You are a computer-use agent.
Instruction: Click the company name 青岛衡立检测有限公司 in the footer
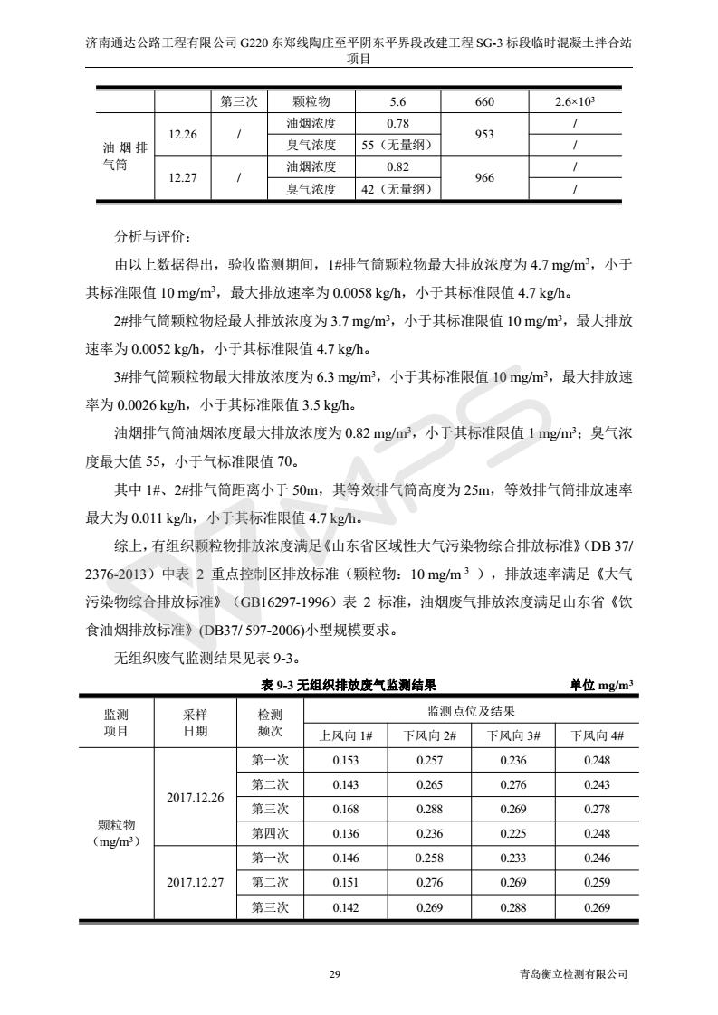[x=567, y=974]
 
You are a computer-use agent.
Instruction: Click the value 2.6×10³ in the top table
[x=575, y=102]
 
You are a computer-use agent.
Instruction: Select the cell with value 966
[x=484, y=178]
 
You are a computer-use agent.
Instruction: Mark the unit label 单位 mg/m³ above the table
[x=601, y=685]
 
